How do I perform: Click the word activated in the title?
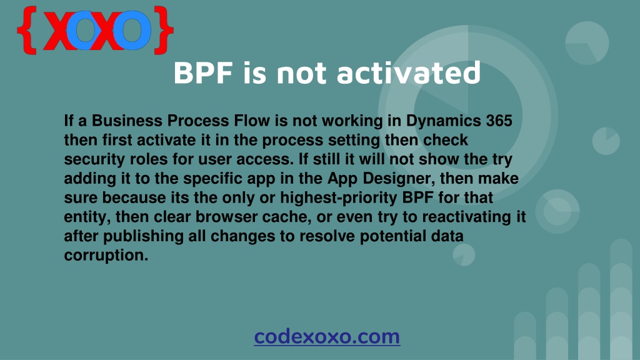[409, 72]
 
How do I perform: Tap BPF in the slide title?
[203, 73]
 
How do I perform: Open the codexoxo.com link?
[327, 337]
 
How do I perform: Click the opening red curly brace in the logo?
[27, 30]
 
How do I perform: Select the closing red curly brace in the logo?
[164, 30]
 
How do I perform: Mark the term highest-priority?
[339, 198]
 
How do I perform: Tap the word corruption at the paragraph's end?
[106, 256]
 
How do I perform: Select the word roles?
[149, 159]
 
